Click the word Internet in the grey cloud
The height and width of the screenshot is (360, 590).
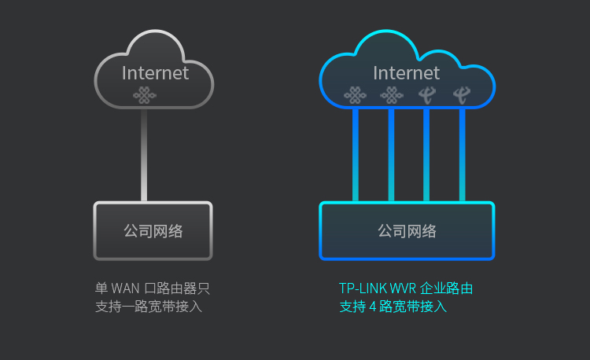click(155, 73)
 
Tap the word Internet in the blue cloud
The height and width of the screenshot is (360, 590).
click(406, 73)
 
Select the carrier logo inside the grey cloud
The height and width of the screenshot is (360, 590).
click(143, 96)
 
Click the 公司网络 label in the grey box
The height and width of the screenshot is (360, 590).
click(153, 231)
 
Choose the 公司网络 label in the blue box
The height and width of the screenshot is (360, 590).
click(407, 231)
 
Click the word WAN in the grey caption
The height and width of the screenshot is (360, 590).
click(124, 288)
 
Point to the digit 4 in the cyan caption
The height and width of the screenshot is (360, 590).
click(372, 307)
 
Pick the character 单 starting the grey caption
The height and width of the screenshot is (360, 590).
click(101, 288)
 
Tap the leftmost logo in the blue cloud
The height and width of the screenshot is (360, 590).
click(355, 96)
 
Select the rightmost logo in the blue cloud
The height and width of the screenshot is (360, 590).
click(462, 96)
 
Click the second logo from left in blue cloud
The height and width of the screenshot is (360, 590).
click(390, 96)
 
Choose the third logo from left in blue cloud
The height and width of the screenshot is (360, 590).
click(426, 96)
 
